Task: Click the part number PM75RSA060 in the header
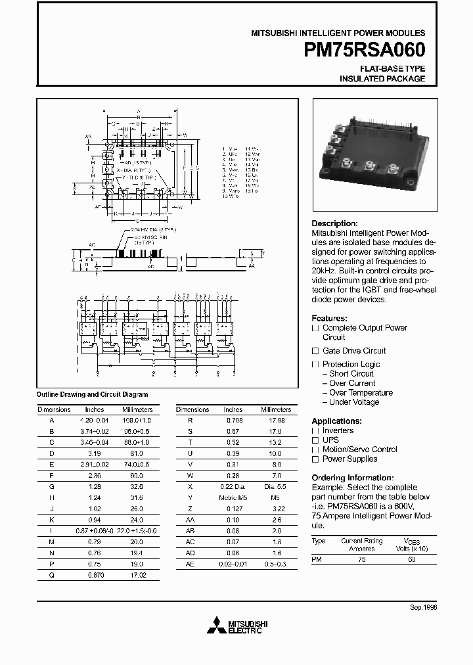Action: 365,51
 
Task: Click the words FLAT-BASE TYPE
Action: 392,68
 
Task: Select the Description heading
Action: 334,223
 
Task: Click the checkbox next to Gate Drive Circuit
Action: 315,351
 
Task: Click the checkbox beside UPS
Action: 315,440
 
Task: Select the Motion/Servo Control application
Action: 359,449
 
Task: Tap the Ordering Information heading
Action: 352,478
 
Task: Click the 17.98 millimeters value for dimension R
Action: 277,419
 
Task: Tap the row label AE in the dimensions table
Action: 191,563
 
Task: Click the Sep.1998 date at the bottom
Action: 423,608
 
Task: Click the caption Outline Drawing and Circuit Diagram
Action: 92,394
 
